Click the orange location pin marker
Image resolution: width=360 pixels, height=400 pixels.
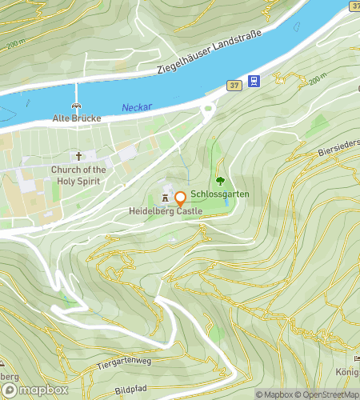[180, 198]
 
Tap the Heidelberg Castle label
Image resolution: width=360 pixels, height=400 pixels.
[165, 211]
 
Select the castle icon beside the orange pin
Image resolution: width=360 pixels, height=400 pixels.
[166, 197]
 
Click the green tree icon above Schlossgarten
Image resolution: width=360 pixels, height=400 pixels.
[220, 182]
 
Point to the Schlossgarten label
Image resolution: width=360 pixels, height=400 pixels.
[220, 194]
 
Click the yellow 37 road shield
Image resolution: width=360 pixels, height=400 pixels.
[233, 84]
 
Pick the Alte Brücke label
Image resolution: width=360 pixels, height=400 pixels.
[77, 118]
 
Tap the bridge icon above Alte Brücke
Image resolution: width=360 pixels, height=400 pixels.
[77, 106]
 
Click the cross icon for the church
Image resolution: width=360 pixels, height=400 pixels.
[78, 156]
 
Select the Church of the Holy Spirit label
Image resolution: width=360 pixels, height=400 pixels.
[78, 174]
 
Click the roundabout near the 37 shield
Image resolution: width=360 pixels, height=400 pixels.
[209, 111]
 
